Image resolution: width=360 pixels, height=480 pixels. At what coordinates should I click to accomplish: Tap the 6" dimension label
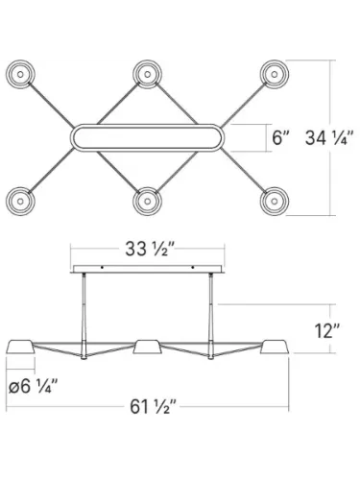(280, 137)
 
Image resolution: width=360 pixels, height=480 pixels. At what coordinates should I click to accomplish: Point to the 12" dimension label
(326, 331)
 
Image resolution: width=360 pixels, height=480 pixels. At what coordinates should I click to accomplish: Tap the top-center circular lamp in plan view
(147, 74)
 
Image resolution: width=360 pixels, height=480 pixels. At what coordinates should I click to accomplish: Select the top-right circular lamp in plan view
(274, 74)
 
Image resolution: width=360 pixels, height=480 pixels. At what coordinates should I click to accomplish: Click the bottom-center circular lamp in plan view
(147, 200)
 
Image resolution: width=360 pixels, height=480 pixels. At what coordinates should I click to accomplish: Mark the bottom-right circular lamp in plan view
(274, 200)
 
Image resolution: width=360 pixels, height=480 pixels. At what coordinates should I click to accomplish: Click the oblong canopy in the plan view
(147, 137)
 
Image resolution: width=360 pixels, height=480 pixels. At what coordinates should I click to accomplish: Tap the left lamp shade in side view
(20, 347)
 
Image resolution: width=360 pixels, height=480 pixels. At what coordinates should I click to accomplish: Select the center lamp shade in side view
(147, 347)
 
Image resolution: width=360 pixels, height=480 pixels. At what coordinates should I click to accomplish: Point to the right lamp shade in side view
(274, 347)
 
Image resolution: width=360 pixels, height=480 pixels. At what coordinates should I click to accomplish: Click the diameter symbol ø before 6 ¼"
(12, 387)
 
